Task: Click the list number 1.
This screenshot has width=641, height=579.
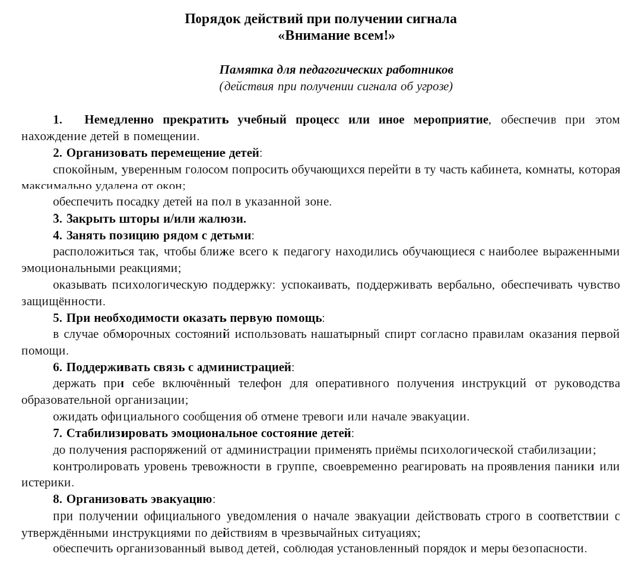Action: pos(57,119)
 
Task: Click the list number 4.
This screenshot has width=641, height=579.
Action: pos(57,235)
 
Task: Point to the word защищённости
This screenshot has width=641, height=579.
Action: pos(62,301)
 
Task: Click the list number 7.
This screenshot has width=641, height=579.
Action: pos(57,433)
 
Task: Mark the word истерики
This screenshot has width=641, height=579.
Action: pos(47,482)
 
